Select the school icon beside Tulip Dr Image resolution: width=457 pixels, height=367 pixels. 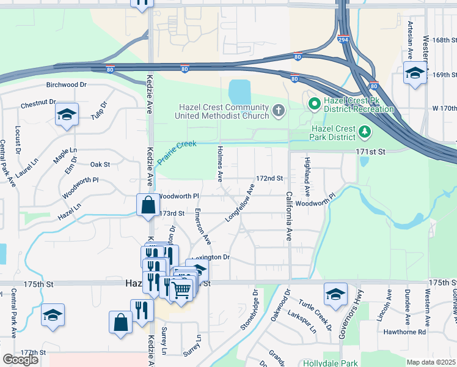point(67,115)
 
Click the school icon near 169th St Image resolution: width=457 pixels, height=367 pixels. point(415,74)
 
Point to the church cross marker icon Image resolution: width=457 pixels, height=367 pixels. point(279,111)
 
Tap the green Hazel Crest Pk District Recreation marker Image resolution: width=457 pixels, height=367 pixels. point(315,103)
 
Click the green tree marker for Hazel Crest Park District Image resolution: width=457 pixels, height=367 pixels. point(364,131)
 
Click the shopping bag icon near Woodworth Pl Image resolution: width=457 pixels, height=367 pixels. point(148,206)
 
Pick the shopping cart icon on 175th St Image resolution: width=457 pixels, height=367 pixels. point(181,289)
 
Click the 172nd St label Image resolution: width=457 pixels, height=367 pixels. point(269,179)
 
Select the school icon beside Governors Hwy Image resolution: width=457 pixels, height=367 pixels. point(335,295)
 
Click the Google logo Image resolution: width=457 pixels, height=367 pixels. point(20,360)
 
